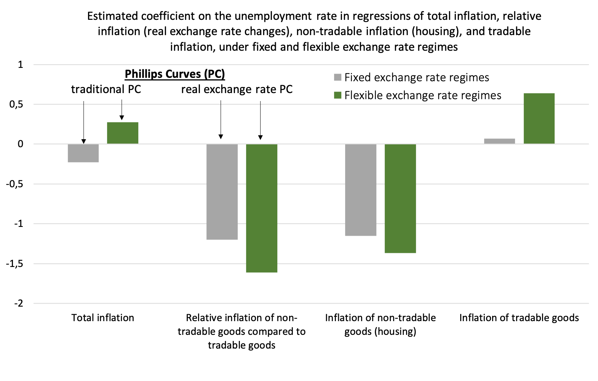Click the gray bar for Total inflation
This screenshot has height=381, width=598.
click(x=83, y=153)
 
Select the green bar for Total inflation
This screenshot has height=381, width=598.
click(x=123, y=133)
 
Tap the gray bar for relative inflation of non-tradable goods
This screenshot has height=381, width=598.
click(x=222, y=191)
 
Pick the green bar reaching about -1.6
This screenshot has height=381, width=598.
click(x=262, y=208)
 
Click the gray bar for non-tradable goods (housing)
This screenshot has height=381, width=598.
click(x=361, y=190)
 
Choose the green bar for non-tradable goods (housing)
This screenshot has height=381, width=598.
click(x=400, y=198)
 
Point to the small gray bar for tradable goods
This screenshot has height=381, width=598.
click(x=499, y=141)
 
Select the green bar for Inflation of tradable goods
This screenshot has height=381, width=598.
click(x=539, y=118)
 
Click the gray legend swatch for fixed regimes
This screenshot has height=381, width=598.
click(x=337, y=77)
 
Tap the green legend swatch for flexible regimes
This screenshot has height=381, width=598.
click(x=337, y=95)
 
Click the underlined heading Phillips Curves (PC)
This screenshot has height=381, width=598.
click(x=175, y=74)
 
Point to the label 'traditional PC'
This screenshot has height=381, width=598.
click(x=106, y=89)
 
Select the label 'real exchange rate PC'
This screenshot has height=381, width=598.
click(x=237, y=89)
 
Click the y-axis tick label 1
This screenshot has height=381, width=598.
click(x=21, y=64)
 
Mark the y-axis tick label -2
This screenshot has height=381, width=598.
click(x=19, y=304)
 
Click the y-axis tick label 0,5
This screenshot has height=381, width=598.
click(x=16, y=104)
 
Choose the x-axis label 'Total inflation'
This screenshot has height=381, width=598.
click(x=103, y=318)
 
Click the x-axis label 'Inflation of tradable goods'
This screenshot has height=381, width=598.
click(x=519, y=318)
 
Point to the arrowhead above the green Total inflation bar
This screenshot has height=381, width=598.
click(x=122, y=117)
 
